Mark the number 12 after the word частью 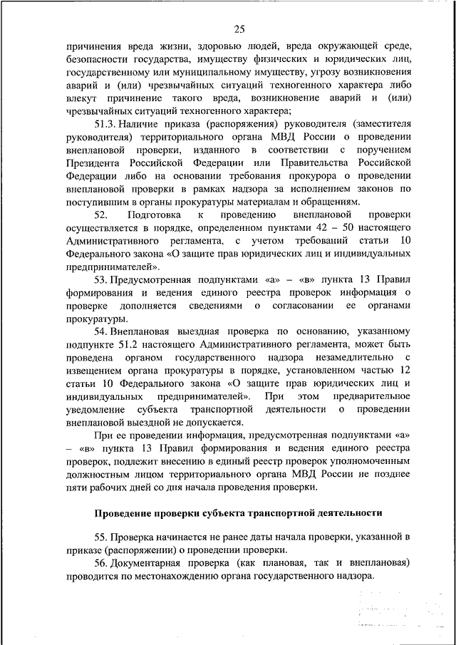406,371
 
